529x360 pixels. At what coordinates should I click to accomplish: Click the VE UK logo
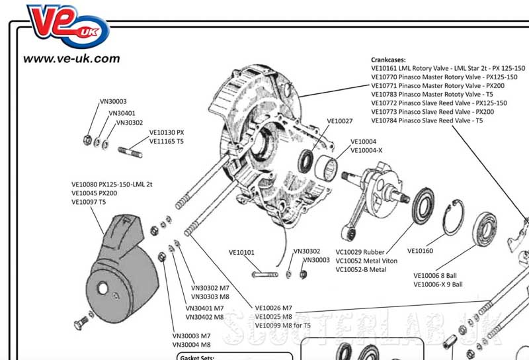coord(68,26)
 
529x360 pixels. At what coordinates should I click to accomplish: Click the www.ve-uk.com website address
coord(71,59)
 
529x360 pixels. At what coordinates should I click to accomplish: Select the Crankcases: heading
coord(388,60)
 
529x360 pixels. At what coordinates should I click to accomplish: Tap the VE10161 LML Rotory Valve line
coord(448,68)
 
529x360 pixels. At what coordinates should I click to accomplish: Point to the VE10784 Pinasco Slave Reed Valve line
coord(427,120)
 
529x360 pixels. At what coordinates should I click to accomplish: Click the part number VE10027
coord(340,121)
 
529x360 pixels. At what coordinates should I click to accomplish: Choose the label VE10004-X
coord(366,150)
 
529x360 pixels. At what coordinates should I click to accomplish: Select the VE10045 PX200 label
coord(94,193)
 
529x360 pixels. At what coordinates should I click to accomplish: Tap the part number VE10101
coord(241,252)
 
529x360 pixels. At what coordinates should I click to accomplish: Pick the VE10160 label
coord(420,251)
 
